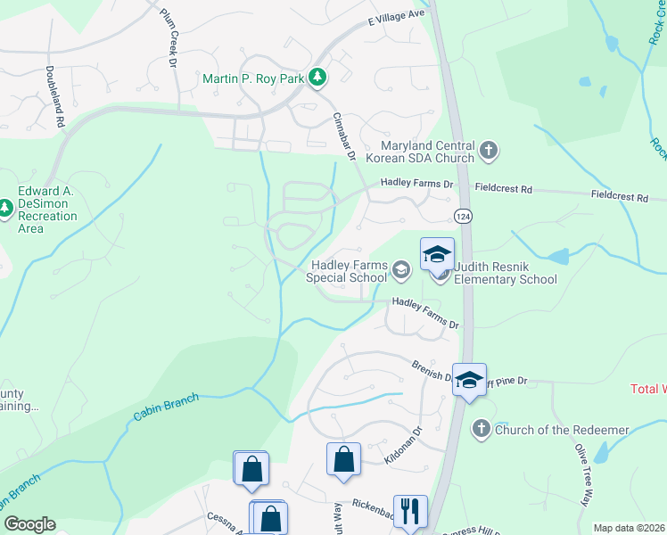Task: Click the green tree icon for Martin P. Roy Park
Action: pyautogui.click(x=317, y=78)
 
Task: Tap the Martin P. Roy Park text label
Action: pyautogui.click(x=253, y=78)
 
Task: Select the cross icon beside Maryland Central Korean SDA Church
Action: pyautogui.click(x=488, y=152)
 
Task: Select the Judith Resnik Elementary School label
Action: pyautogui.click(x=505, y=271)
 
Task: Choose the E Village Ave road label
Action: pyautogui.click(x=397, y=16)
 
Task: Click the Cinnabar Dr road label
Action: pyautogui.click(x=344, y=136)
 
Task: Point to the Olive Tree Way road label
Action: pyautogui.click(x=584, y=475)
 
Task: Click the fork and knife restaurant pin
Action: pyautogui.click(x=410, y=512)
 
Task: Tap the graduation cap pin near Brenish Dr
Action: pyautogui.click(x=469, y=381)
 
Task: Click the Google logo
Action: pyautogui.click(x=30, y=524)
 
